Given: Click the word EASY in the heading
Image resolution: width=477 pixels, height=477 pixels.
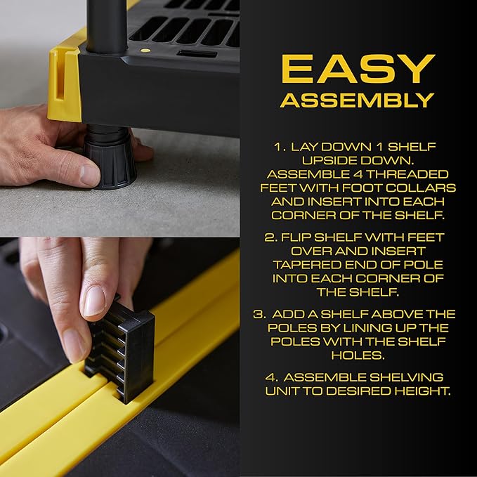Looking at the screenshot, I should tap(357, 69).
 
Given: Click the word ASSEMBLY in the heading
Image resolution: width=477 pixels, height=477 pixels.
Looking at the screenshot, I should tap(357, 100).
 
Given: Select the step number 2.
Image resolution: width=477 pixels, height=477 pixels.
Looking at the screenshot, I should tap(270, 237).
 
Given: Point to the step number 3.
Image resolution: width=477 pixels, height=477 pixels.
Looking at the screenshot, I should tap(259, 314).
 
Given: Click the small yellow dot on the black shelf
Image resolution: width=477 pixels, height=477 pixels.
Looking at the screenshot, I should tap(145, 51).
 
